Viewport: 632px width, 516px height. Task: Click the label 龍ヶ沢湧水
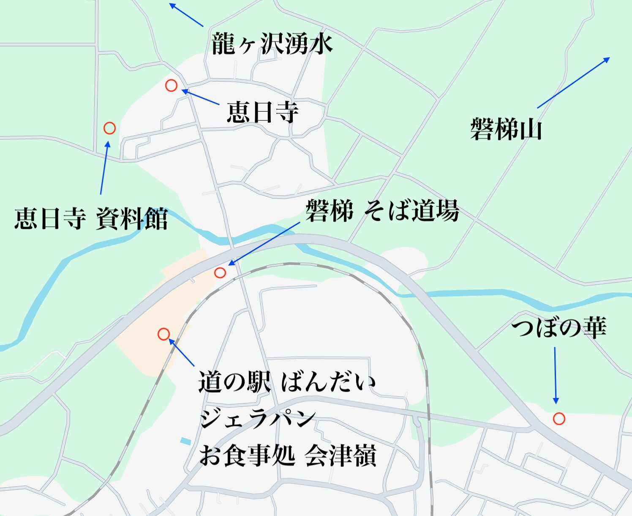pyautogui.click(x=272, y=44)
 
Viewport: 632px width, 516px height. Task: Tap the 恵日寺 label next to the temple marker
pyautogui.click(x=262, y=113)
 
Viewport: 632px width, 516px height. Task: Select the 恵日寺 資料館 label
pyautogui.click(x=91, y=219)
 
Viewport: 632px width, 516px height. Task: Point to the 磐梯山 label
pyautogui.click(x=506, y=129)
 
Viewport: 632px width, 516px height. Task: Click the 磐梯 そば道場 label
pyautogui.click(x=382, y=211)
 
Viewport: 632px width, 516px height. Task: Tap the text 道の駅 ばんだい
pyautogui.click(x=287, y=382)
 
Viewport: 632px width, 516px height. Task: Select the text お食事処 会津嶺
pyautogui.click(x=287, y=456)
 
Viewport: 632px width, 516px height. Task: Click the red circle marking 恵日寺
pyautogui.click(x=171, y=85)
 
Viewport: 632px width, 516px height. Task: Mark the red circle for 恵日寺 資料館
pyautogui.click(x=109, y=128)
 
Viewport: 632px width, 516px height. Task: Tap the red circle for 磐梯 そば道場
pyautogui.click(x=220, y=273)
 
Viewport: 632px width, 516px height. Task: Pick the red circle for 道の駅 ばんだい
pyautogui.click(x=163, y=334)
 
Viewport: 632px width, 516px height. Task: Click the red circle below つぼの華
pyautogui.click(x=559, y=419)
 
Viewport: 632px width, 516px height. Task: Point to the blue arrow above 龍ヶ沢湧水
pyautogui.click(x=186, y=15)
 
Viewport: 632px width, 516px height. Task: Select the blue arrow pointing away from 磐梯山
pyautogui.click(x=573, y=83)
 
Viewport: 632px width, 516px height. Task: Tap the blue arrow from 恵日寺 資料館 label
pyautogui.click(x=104, y=168)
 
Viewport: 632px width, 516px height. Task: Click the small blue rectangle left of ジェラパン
pyautogui.click(x=185, y=441)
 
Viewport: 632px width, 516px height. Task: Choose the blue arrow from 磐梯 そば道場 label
pyautogui.click(x=264, y=244)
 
